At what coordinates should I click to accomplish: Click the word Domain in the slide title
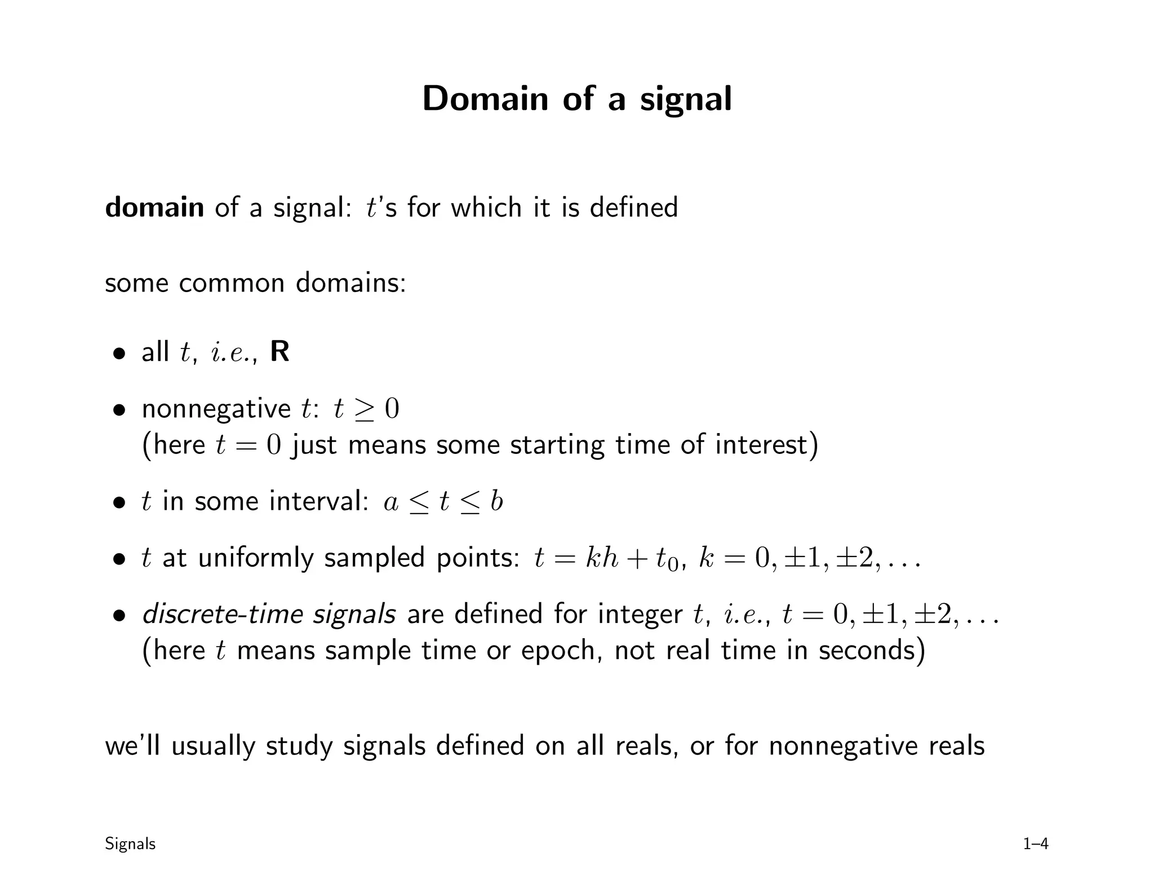pyautogui.click(x=485, y=99)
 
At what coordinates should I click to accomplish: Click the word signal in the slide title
pyautogui.click(x=685, y=100)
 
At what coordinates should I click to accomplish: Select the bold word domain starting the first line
pyautogui.click(x=154, y=207)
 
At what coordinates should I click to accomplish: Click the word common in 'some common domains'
pyautogui.click(x=232, y=282)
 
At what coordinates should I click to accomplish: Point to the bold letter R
pyautogui.click(x=280, y=352)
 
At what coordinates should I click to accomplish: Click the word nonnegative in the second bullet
pyautogui.click(x=216, y=409)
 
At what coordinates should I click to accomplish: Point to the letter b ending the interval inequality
pyautogui.click(x=496, y=501)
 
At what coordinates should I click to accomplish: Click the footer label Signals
pyautogui.click(x=130, y=844)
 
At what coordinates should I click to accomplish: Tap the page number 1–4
pyautogui.click(x=1036, y=844)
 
